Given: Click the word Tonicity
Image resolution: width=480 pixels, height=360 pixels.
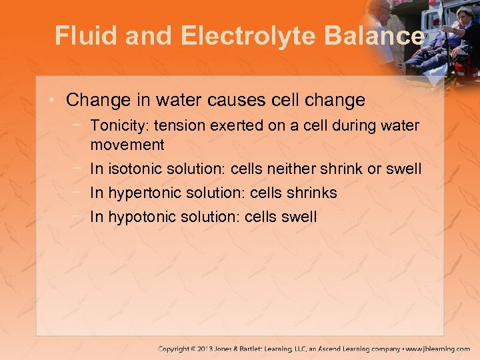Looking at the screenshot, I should (x=117, y=125).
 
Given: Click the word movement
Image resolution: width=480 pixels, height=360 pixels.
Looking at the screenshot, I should (x=127, y=145).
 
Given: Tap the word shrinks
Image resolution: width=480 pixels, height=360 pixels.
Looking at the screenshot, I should (x=312, y=193).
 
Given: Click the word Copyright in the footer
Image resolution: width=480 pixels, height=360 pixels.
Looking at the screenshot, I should (x=175, y=349).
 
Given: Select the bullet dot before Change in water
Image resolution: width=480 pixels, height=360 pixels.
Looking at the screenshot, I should (x=54, y=101).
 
